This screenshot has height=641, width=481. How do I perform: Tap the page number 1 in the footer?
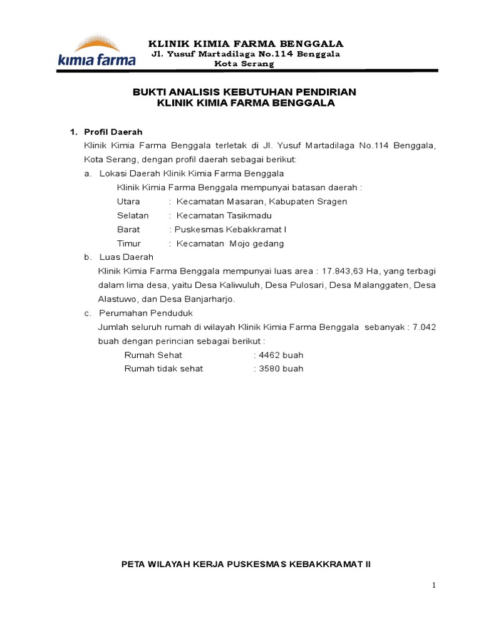tap(433, 585)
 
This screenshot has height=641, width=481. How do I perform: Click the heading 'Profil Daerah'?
tap(113, 132)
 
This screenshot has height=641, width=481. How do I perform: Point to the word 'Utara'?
tap(128, 202)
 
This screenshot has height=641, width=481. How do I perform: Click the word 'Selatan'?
tap(133, 215)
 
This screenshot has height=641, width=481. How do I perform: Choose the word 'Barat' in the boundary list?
tap(128, 229)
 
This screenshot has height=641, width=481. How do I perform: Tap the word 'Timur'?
tap(129, 244)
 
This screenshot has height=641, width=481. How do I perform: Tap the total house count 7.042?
tap(424, 327)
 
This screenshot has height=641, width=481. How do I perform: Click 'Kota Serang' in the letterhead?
tap(244, 64)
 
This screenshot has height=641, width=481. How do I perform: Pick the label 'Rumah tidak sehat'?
tap(163, 369)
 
